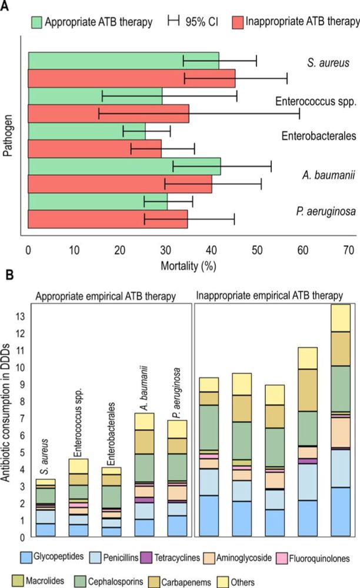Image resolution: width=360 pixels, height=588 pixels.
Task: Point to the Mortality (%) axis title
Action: coord(188,265)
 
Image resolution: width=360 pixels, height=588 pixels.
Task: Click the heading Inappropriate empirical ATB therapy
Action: coord(276,293)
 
